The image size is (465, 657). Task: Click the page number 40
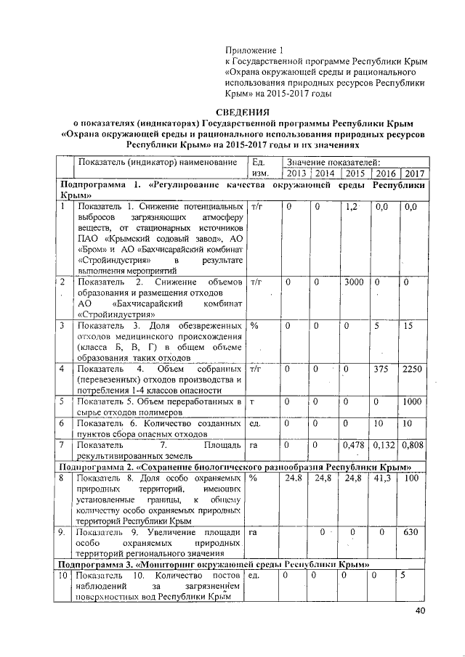[421, 611]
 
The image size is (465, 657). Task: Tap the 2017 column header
[413, 174]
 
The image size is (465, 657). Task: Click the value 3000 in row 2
[355, 281]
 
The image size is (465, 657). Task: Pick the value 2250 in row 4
[412, 369]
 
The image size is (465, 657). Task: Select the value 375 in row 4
[381, 369]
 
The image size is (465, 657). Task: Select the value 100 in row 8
[411, 478]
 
